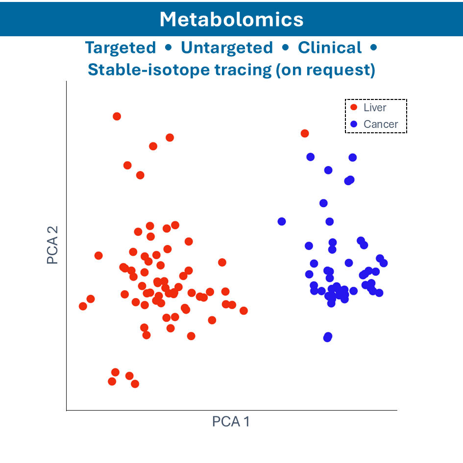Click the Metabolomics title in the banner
231,19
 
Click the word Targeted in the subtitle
121,48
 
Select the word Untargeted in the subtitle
227,48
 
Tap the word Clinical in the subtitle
330,48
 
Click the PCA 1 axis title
231,421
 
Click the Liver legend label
375,108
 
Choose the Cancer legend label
381,124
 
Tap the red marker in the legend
354,108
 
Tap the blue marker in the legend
354,124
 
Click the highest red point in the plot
117,116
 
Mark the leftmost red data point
83,306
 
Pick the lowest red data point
135,384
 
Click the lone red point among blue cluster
305,133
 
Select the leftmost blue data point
282,221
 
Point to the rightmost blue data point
384,263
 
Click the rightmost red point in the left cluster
244,311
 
